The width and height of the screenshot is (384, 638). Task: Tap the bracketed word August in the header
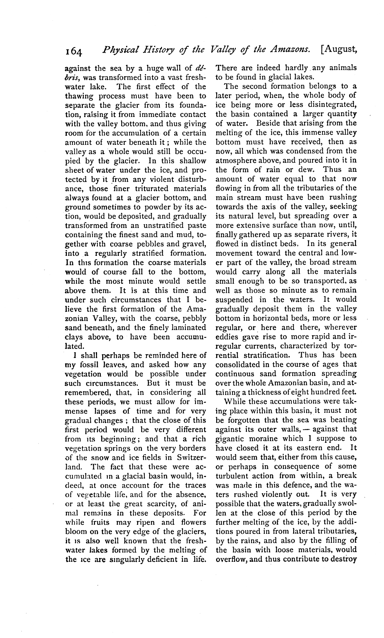point(339,50)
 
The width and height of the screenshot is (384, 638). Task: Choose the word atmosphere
point(237,160)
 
